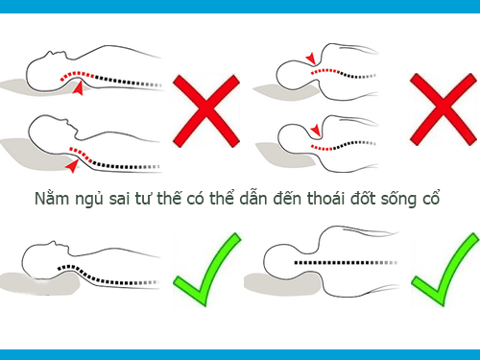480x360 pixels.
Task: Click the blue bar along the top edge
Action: [240, 6]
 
